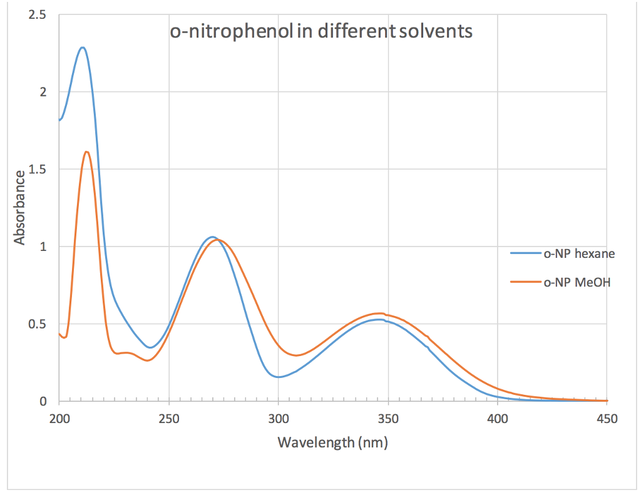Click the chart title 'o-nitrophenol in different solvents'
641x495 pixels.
pyautogui.click(x=320, y=31)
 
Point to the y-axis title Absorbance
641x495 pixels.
pyautogui.click(x=20, y=207)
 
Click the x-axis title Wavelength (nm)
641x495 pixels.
pyautogui.click(x=332, y=443)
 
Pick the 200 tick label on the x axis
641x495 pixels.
pyautogui.click(x=59, y=419)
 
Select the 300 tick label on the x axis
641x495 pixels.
pyautogui.click(x=278, y=419)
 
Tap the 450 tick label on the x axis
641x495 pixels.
pyautogui.click(x=607, y=419)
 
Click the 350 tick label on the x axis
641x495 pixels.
pyautogui.click(x=387, y=419)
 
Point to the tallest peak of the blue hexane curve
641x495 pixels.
pyautogui.click(x=82, y=48)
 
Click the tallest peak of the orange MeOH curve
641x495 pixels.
pyautogui.click(x=86, y=152)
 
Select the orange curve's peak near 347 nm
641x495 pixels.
pyautogui.click(x=379, y=313)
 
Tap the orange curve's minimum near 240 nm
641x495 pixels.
pyautogui.click(x=147, y=360)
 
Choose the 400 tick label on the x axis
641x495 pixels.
pyautogui.click(x=497, y=419)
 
